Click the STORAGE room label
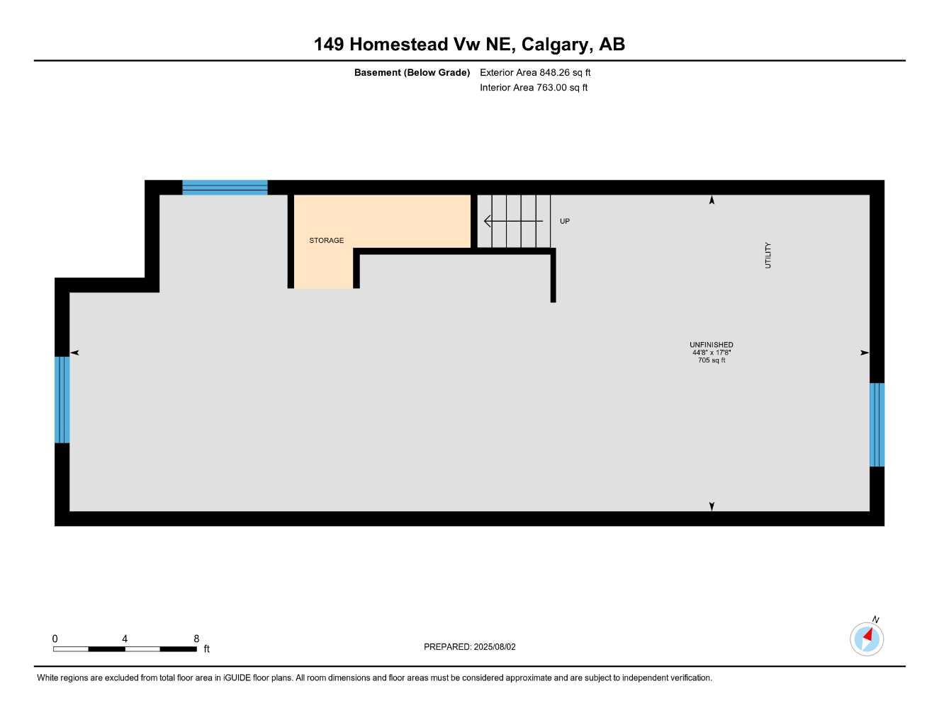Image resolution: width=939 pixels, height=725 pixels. (x=326, y=241)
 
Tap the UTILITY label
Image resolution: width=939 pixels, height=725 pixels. (x=767, y=256)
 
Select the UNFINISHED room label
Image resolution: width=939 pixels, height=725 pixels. (x=711, y=345)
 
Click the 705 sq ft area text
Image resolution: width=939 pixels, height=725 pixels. (x=712, y=360)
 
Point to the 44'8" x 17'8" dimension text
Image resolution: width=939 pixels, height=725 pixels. (x=712, y=353)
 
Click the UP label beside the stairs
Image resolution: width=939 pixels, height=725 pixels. (x=565, y=222)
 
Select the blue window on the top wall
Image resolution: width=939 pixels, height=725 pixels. (x=225, y=188)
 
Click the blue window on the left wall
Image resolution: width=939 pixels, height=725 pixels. (x=62, y=399)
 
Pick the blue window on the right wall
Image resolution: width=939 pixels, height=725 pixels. (x=877, y=425)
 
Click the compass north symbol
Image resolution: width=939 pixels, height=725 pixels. (x=867, y=639)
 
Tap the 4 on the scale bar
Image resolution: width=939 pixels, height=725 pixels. (x=125, y=639)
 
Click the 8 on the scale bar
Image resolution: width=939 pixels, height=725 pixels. (x=196, y=639)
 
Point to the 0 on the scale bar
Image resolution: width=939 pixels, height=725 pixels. (x=55, y=639)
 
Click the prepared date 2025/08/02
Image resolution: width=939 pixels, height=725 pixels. (x=495, y=647)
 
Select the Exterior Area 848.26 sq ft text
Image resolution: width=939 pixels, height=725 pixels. (x=535, y=72)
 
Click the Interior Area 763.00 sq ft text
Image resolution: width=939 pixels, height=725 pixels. (x=534, y=88)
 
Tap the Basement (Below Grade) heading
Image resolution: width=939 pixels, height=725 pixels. (x=412, y=72)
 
